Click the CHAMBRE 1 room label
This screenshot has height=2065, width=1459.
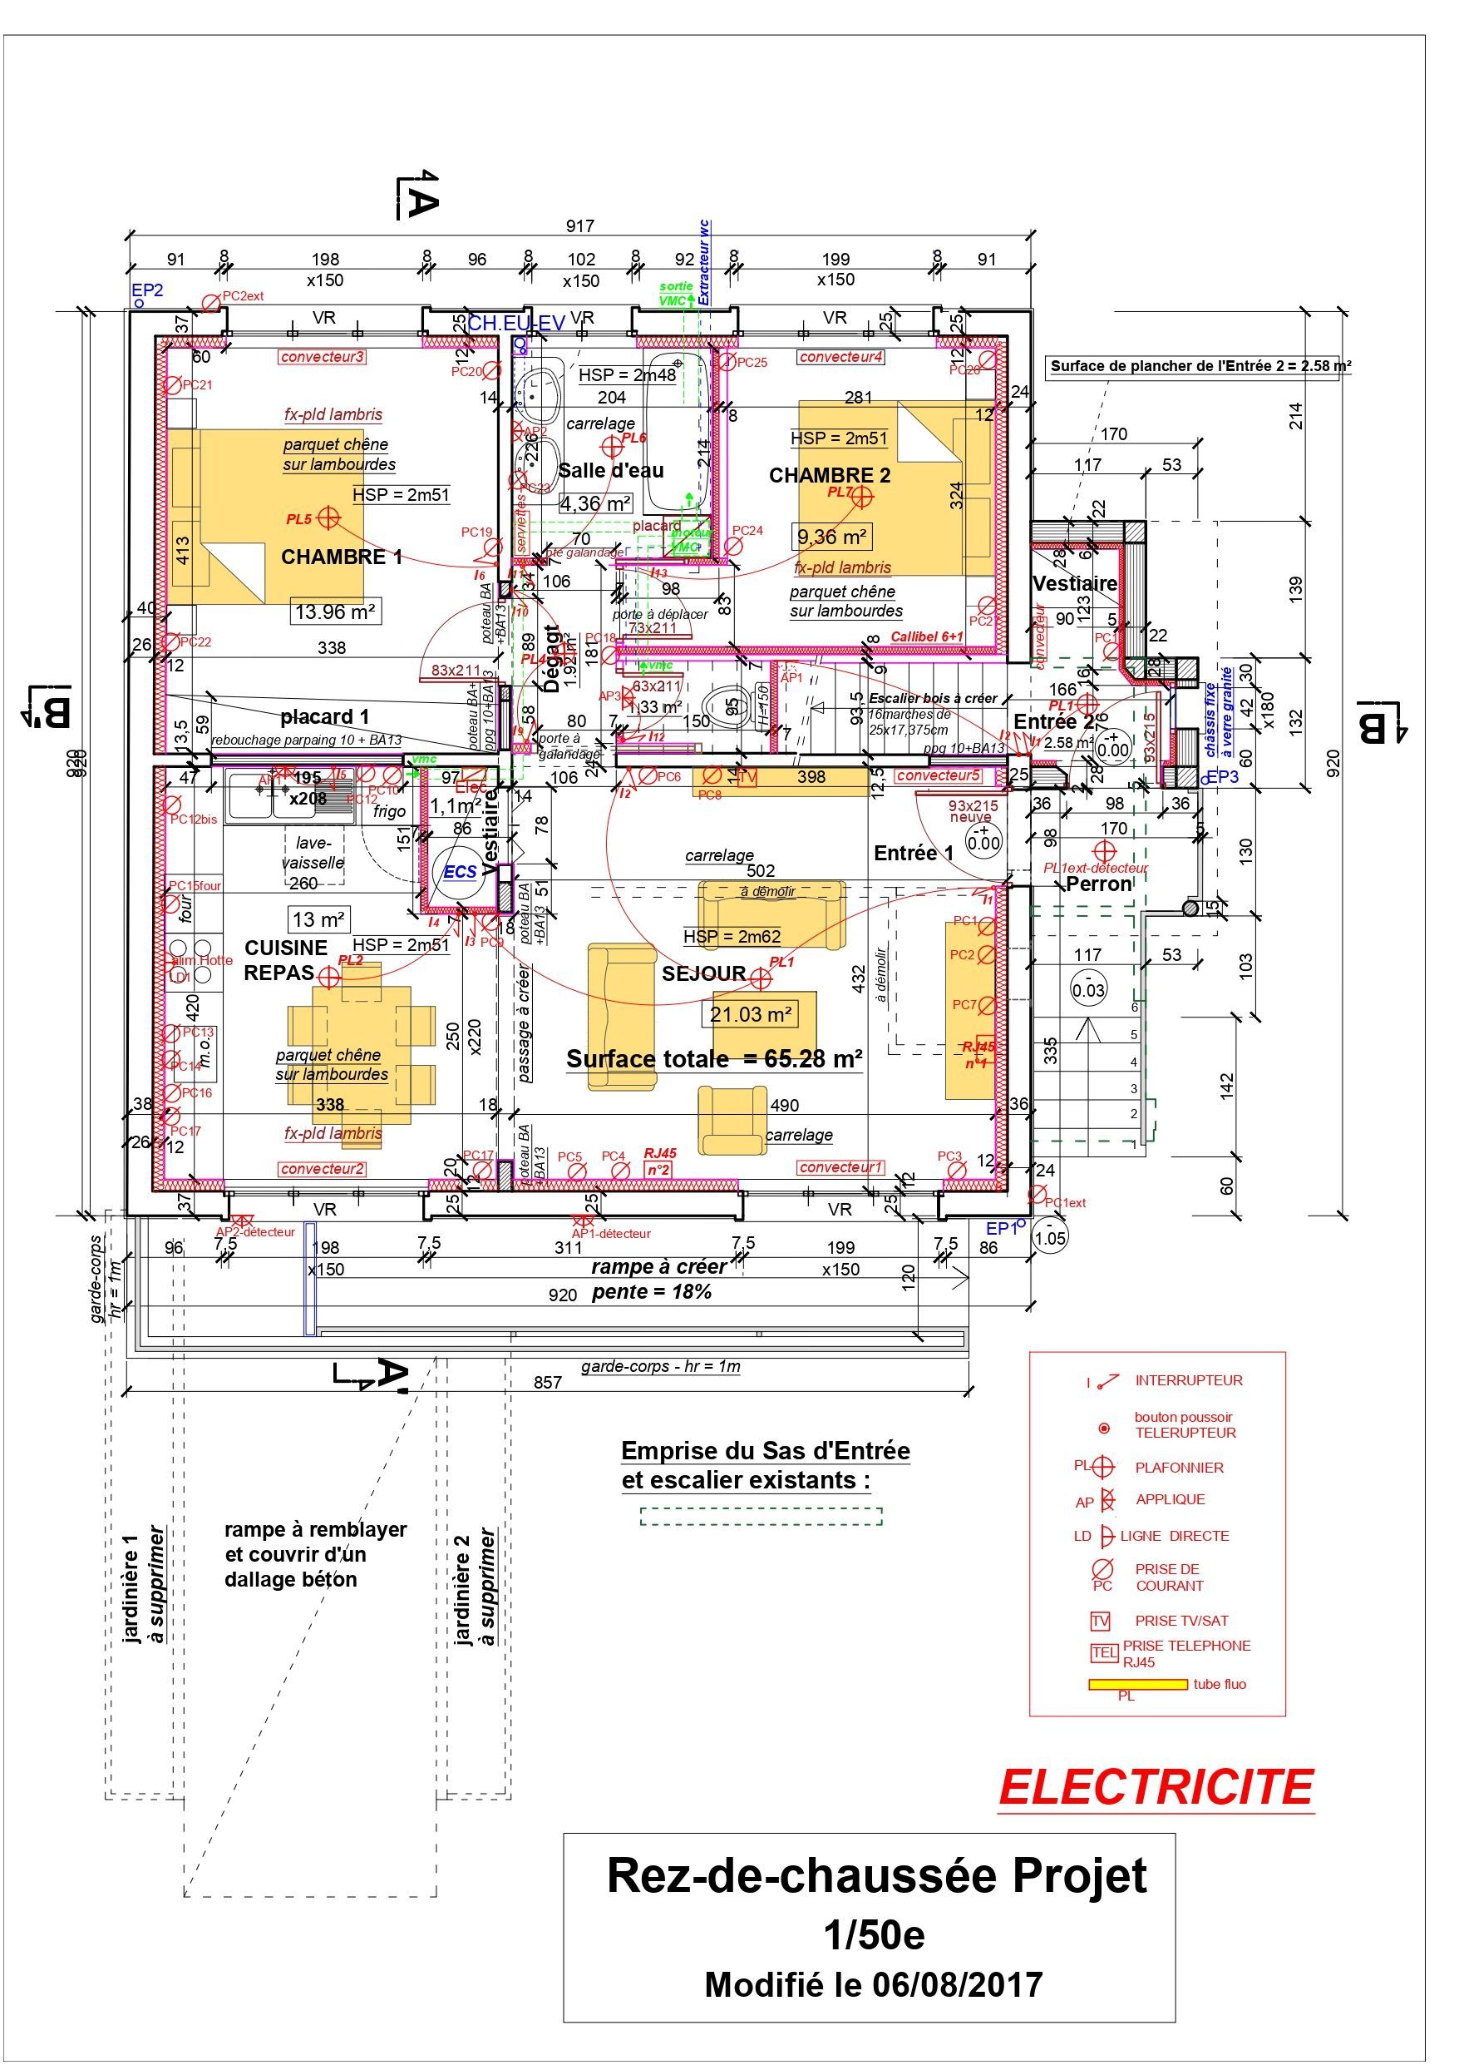pos(342,557)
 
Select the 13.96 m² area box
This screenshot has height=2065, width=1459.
pos(334,612)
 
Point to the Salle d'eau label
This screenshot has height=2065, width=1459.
pos(611,470)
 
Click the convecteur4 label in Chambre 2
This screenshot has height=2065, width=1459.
pos(840,357)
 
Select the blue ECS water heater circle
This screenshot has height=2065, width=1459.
pos(460,871)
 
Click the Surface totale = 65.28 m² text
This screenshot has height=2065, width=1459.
pos(714,1058)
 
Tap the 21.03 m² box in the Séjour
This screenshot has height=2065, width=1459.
pos(751,1014)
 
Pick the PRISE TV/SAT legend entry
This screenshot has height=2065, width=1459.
pos(1181,1621)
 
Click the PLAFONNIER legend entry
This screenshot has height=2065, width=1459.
pos(1179,1468)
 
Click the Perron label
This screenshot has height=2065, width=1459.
pos(1098,884)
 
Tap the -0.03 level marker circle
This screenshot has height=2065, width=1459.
pos(1088,989)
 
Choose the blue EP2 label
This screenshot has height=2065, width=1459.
pos(147,290)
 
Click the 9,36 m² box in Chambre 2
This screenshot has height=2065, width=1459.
pos(831,537)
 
